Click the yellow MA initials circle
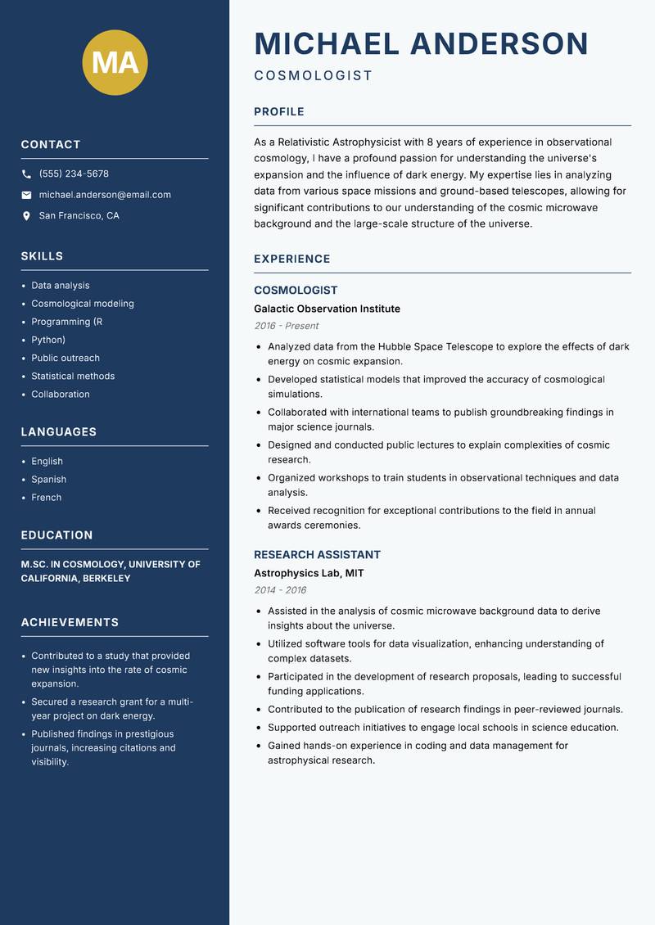click(x=115, y=62)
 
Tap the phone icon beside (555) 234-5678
click(x=26, y=174)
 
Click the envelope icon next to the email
click(x=26, y=195)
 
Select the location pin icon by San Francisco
click(x=26, y=216)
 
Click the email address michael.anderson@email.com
click(x=105, y=195)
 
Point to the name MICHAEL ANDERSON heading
click(x=421, y=44)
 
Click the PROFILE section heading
click(x=278, y=112)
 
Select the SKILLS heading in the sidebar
click(x=42, y=256)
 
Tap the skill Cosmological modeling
click(x=83, y=304)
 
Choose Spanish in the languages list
click(x=48, y=480)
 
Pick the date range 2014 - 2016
click(x=280, y=590)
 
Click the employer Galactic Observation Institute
click(x=327, y=309)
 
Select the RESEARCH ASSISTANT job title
click(x=317, y=555)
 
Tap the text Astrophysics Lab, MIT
click(x=309, y=573)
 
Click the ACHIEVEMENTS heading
click(x=70, y=622)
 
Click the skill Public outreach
click(x=65, y=358)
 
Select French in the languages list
click(x=46, y=498)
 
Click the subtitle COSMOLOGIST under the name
click(x=313, y=76)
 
